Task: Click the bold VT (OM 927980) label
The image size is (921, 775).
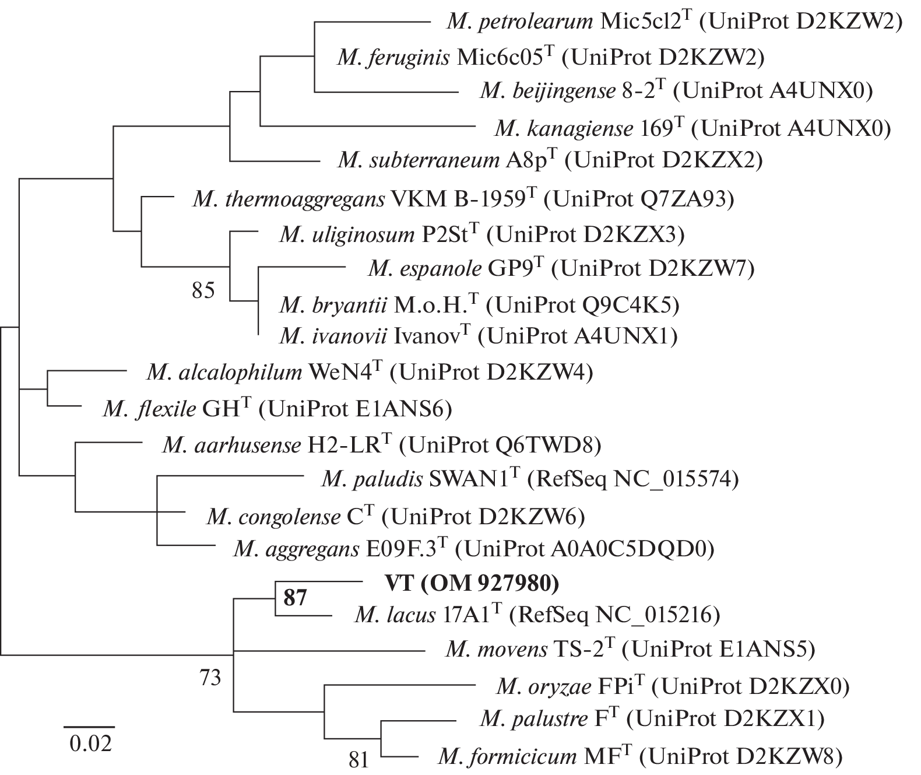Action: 472,582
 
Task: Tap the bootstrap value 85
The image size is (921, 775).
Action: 203,290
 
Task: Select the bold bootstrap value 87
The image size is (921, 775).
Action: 295,598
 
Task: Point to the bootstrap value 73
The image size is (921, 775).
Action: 210,677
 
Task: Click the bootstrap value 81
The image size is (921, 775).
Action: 360,759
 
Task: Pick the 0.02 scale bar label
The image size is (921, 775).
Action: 90,744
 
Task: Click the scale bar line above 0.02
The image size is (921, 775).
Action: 89,727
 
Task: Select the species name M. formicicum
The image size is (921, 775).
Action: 507,757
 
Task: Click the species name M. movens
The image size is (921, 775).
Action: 496,648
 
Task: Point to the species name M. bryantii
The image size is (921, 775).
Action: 333,304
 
